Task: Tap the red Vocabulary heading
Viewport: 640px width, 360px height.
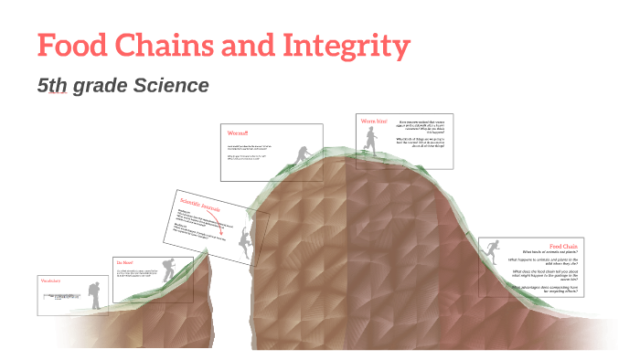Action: point(51,281)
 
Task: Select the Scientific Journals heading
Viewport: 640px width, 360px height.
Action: point(200,204)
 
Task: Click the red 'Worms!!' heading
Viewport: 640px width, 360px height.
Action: point(238,133)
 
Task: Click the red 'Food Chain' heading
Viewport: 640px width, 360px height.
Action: point(563,245)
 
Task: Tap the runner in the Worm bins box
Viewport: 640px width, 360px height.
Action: point(369,139)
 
